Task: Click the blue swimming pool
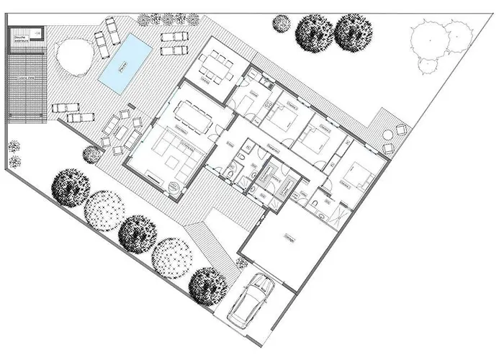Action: tap(125, 64)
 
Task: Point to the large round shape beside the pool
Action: tap(76, 57)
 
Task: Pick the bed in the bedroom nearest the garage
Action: tap(354, 173)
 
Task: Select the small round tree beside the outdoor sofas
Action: tap(91, 154)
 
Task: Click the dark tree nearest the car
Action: tap(208, 284)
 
